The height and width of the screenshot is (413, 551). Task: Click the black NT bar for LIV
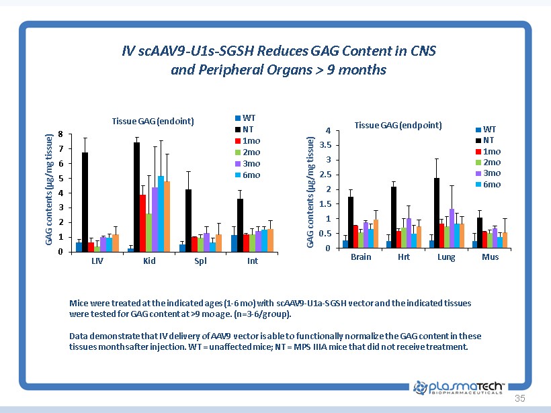85,202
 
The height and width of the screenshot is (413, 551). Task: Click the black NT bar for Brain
351,222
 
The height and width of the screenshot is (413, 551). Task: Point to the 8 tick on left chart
61,134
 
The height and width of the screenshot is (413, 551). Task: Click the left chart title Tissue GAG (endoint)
153,121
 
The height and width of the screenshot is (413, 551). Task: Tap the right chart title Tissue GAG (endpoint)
398,125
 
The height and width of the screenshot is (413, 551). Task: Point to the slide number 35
519,399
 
